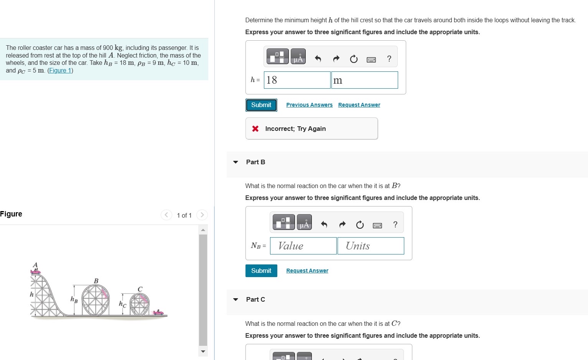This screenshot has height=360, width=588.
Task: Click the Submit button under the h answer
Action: click(x=261, y=105)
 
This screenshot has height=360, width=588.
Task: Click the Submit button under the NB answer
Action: click(x=261, y=271)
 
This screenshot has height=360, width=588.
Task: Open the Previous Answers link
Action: click(x=309, y=105)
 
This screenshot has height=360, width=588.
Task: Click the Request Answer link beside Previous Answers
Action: click(x=359, y=105)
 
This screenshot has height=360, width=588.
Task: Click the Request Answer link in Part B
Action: click(x=307, y=271)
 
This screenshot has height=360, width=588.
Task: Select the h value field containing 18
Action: click(x=297, y=80)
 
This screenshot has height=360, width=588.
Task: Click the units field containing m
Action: click(x=365, y=80)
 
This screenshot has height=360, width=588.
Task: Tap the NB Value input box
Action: click(x=303, y=246)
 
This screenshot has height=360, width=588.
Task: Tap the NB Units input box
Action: click(x=371, y=246)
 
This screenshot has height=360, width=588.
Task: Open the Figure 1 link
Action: click(x=60, y=70)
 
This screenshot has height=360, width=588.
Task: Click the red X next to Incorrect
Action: click(x=255, y=129)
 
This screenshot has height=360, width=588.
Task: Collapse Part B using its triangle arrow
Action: click(x=236, y=162)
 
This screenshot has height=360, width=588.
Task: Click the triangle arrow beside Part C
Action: click(x=236, y=300)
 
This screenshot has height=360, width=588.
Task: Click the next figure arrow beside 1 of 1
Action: click(x=202, y=215)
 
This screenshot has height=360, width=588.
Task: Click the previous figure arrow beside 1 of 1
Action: click(x=166, y=215)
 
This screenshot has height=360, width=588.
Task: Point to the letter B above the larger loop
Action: click(x=96, y=281)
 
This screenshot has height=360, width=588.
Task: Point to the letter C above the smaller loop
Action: click(x=140, y=289)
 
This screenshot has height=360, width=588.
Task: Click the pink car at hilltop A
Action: click(x=35, y=271)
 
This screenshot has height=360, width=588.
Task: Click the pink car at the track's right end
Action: click(x=158, y=312)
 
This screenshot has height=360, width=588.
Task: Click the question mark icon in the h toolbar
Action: click(x=389, y=58)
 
